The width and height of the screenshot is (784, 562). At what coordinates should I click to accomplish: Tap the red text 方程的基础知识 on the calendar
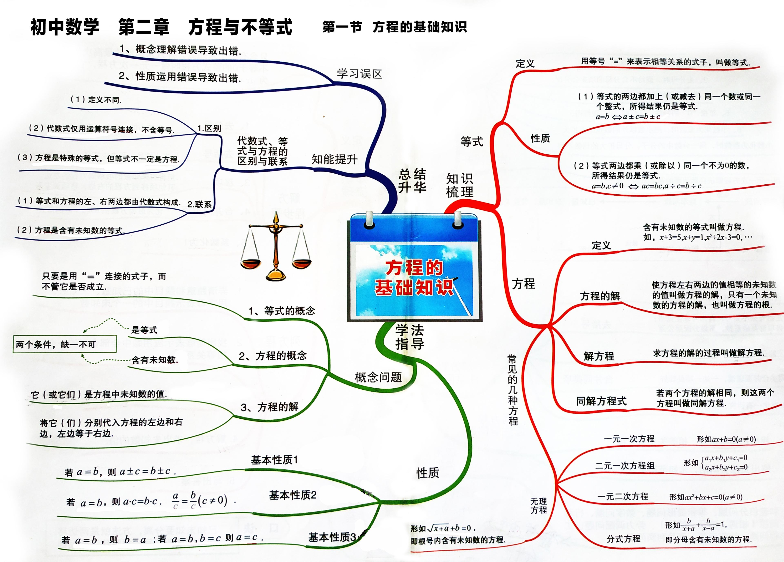(414, 278)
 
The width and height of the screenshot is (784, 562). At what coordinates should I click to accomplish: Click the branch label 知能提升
(334, 159)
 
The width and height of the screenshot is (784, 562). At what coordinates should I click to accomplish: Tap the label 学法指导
(410, 337)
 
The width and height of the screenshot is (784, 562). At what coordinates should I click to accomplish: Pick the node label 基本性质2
(293, 495)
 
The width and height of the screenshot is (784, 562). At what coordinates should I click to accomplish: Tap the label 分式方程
(623, 539)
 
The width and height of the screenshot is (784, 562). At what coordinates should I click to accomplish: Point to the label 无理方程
(539, 505)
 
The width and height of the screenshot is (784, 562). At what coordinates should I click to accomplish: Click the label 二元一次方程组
(625, 465)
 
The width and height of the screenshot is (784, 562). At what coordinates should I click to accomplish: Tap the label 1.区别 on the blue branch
(209, 129)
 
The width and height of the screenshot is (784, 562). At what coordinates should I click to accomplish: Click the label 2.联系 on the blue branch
(199, 204)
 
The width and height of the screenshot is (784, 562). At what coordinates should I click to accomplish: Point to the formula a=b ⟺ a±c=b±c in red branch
(628, 117)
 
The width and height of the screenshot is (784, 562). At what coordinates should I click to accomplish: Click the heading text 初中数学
(65, 27)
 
